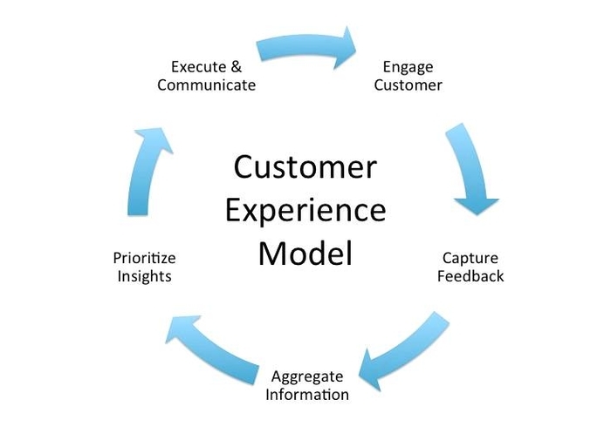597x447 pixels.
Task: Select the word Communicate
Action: click(x=206, y=85)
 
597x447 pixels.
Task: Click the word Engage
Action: click(x=408, y=67)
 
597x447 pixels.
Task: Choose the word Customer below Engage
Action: click(x=408, y=85)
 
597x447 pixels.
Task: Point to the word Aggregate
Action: click(x=307, y=376)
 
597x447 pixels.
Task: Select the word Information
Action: click(x=307, y=395)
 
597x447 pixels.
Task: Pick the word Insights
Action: click(x=143, y=276)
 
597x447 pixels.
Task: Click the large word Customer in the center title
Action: click(x=305, y=166)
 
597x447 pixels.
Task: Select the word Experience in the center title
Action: click(x=305, y=210)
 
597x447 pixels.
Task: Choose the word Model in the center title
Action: click(x=305, y=254)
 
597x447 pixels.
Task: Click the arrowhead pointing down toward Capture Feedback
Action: click(x=476, y=204)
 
